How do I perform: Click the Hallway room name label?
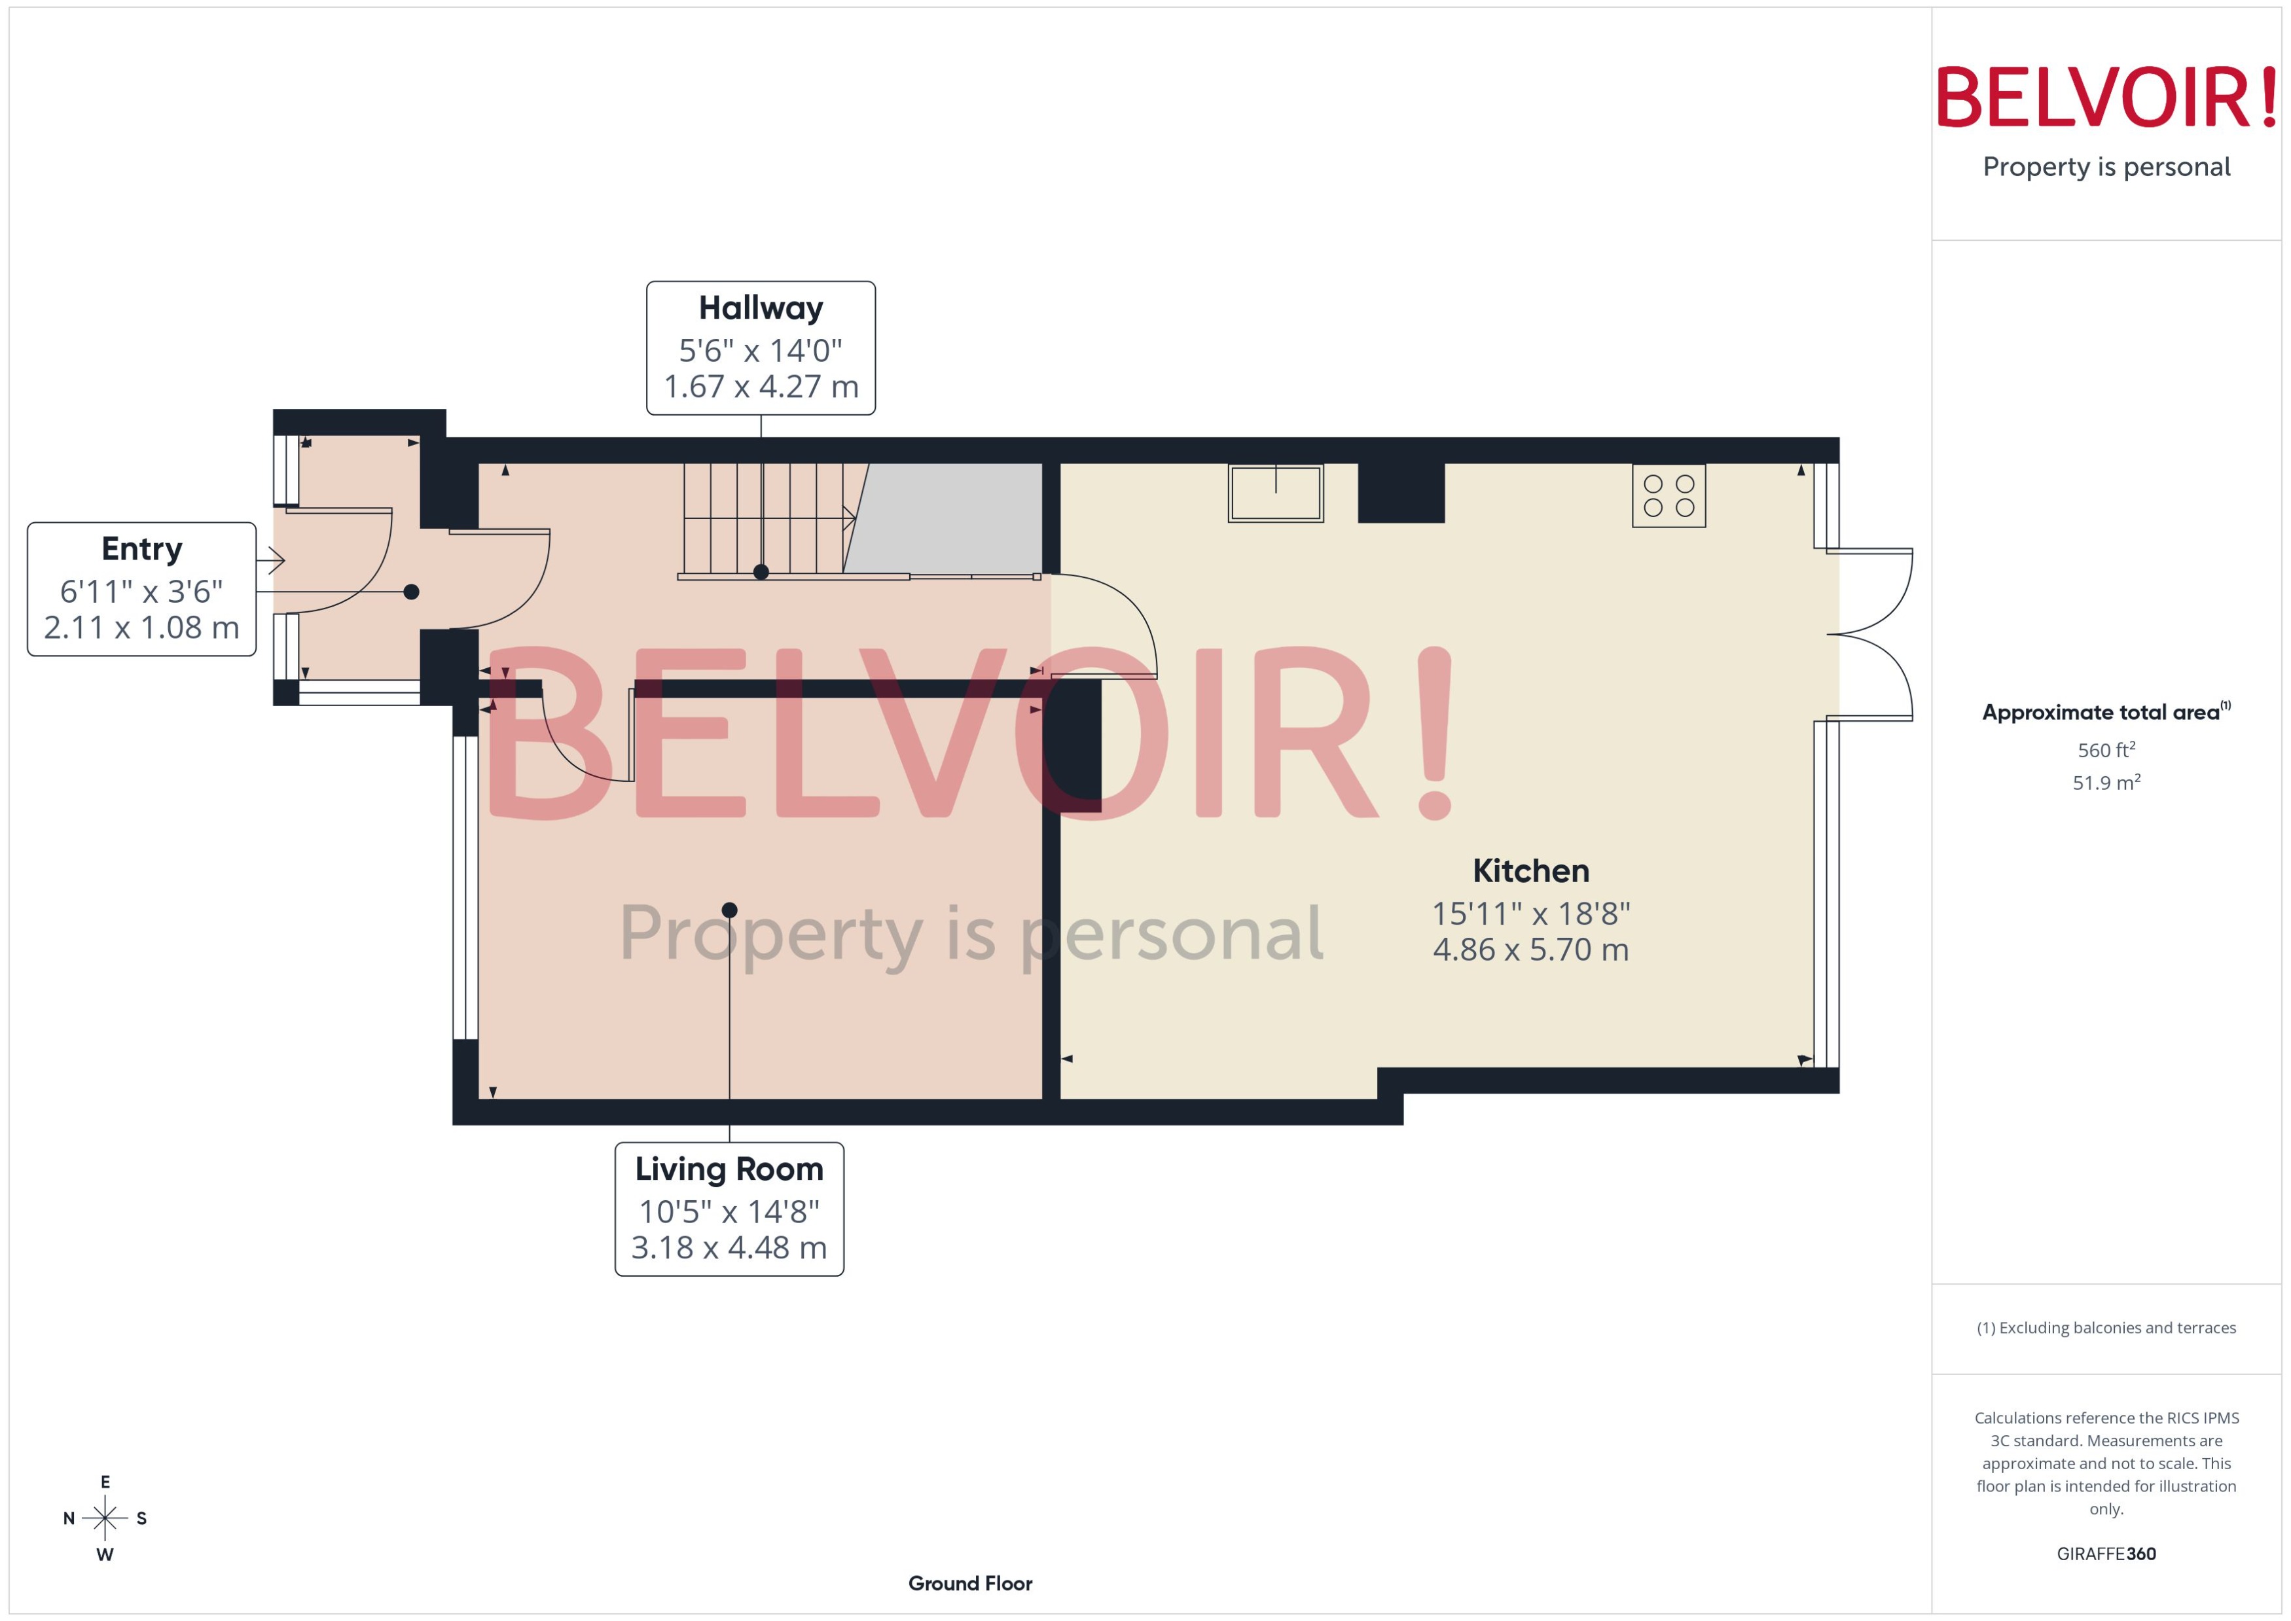click(761, 308)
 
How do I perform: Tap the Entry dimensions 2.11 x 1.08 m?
click(142, 628)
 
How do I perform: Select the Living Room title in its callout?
click(729, 1169)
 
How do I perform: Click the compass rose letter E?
click(105, 1482)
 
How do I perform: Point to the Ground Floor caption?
click(969, 1583)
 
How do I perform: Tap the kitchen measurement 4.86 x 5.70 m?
click(1530, 950)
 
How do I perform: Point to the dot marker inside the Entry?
click(411, 592)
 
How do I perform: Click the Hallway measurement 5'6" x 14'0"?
click(761, 350)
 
